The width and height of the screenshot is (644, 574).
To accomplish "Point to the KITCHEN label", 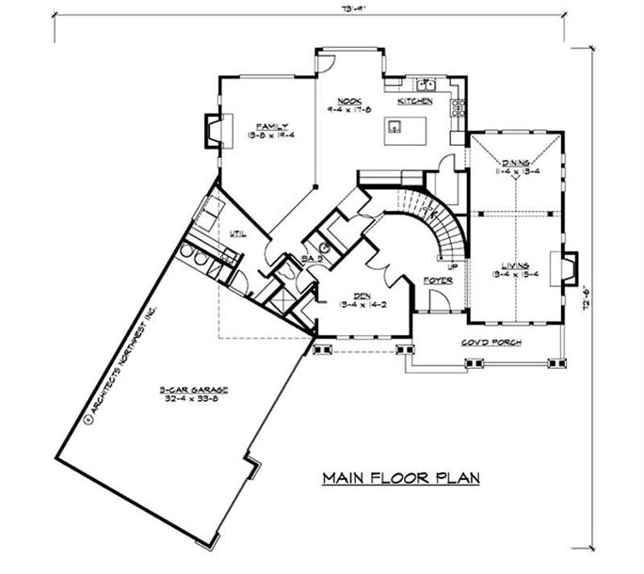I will tap(414, 100).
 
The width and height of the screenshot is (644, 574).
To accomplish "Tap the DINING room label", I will tap(514, 162).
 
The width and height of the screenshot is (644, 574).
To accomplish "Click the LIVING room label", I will tap(513, 265).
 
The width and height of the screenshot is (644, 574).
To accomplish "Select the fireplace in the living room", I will tap(569, 268).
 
